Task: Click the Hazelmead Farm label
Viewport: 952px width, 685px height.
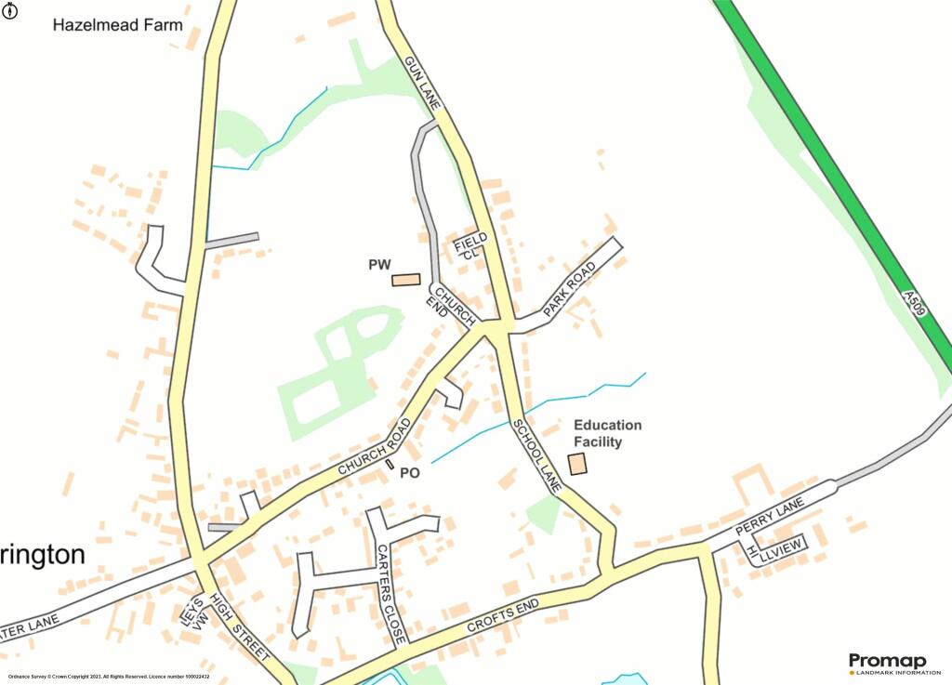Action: (x=117, y=25)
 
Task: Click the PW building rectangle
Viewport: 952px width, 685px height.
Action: (x=405, y=280)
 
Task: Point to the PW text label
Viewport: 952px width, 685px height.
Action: (x=378, y=266)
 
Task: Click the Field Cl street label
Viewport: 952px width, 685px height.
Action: (x=470, y=245)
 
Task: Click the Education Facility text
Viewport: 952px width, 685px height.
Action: (x=607, y=433)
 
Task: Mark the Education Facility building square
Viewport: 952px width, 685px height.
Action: (x=578, y=464)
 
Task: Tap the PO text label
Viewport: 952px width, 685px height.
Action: (x=410, y=473)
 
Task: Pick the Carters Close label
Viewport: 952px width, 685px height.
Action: (x=390, y=594)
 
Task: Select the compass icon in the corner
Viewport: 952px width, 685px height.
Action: (x=8, y=9)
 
